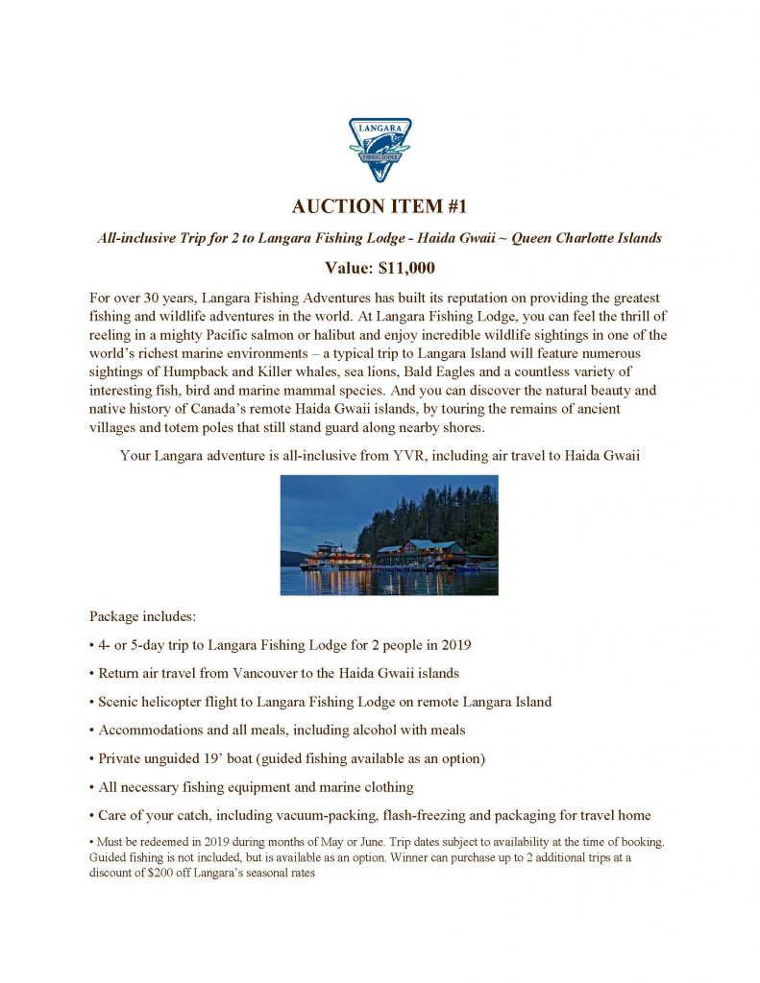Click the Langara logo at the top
380,151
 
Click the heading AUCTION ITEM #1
380,208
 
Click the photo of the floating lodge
389,535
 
